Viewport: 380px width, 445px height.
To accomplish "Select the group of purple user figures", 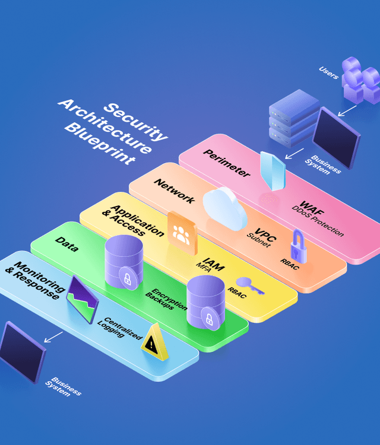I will click(x=360, y=80).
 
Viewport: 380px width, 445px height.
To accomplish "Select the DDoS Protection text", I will click(x=317, y=221).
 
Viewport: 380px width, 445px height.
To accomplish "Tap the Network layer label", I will click(x=174, y=190).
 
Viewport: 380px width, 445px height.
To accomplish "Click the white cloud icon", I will click(x=225, y=208).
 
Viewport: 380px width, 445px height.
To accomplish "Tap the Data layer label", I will click(x=66, y=244).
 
